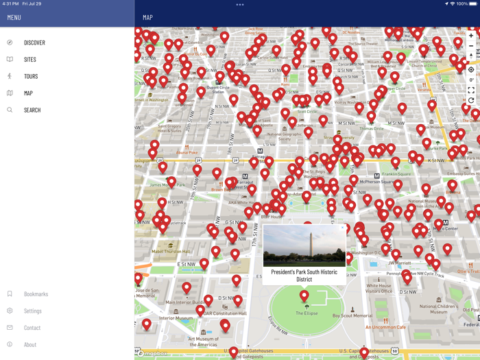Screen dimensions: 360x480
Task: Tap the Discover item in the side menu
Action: [x=34, y=43]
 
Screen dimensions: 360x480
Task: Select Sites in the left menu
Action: [x=30, y=60]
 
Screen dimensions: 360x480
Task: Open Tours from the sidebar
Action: [x=31, y=77]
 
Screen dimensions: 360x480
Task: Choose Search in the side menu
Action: [x=32, y=110]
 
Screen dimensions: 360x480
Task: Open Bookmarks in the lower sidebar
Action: [x=36, y=294]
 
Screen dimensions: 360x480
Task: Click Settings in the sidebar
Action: [x=33, y=311]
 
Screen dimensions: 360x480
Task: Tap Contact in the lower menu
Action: [x=32, y=328]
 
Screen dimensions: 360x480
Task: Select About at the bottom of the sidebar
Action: [x=30, y=345]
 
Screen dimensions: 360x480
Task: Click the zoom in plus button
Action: [x=471, y=36]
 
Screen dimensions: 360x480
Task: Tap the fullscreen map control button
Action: [x=471, y=90]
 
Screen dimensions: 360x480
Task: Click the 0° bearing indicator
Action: [x=471, y=80]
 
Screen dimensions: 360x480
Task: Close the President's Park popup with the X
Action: [x=342, y=228]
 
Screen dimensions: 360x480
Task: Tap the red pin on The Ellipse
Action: [x=304, y=296]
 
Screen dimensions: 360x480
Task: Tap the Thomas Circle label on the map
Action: [x=371, y=128]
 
